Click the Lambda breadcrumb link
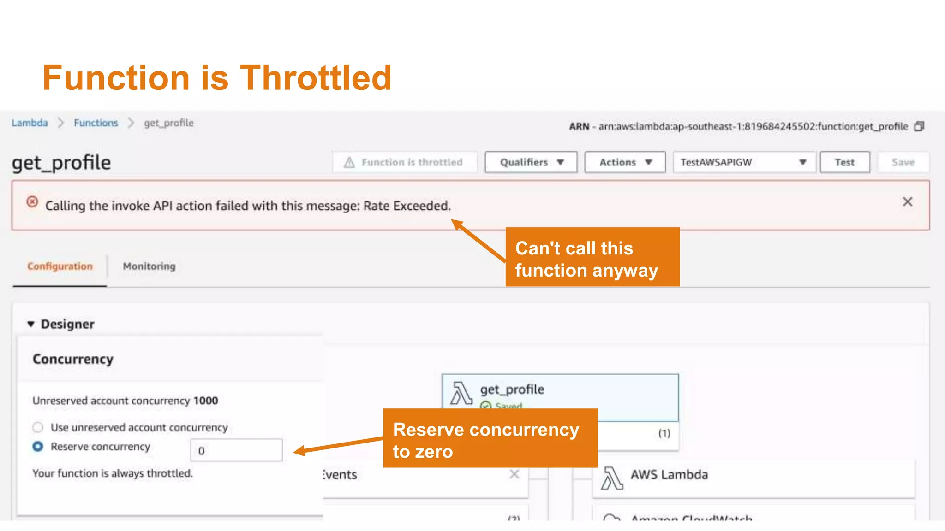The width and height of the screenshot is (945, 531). (x=30, y=123)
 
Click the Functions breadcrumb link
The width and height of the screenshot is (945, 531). (x=96, y=123)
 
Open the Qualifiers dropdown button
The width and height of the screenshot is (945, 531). (x=531, y=162)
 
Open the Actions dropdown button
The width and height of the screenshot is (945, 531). (x=625, y=162)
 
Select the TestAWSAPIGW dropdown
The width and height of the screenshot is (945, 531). (x=744, y=162)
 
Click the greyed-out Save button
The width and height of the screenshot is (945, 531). (x=903, y=162)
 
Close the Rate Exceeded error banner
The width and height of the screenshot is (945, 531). (x=907, y=202)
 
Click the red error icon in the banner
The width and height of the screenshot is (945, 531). (x=32, y=202)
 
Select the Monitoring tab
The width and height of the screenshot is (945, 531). (x=149, y=266)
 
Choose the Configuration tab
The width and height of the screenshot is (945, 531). (x=60, y=266)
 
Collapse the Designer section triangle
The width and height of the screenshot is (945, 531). (x=31, y=324)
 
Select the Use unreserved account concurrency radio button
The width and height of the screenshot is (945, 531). (x=38, y=427)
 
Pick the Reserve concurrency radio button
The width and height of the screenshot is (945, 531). (x=38, y=447)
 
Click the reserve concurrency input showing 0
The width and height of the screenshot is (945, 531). (x=236, y=450)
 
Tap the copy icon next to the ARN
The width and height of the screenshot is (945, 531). (x=919, y=126)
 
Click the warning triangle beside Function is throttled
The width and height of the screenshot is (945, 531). (x=349, y=162)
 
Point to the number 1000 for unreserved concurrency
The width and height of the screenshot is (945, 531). (x=206, y=401)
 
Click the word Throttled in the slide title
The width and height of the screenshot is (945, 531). (x=316, y=78)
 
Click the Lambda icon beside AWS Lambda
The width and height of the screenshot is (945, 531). (x=612, y=478)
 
